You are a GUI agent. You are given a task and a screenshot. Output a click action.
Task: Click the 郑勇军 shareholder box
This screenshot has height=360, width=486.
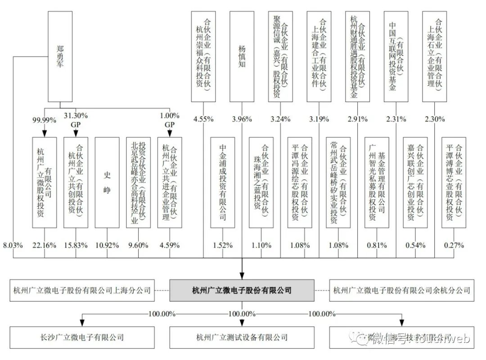click(60, 56)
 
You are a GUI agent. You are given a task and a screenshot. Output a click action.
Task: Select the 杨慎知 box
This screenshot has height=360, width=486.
click(242, 56)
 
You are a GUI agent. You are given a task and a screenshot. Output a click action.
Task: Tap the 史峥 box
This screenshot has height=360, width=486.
click(107, 182)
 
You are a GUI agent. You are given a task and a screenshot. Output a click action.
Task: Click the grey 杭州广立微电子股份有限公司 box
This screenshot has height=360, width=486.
click(242, 290)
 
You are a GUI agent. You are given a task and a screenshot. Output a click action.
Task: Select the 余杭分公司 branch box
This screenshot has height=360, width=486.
click(402, 290)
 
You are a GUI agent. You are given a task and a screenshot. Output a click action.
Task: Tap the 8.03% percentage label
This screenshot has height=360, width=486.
click(13, 245)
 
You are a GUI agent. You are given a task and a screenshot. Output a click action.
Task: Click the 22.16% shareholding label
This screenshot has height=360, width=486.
click(44, 245)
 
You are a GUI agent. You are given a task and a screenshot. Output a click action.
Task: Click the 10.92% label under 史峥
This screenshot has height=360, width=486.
click(107, 245)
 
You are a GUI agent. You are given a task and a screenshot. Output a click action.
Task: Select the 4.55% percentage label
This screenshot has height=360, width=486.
click(203, 119)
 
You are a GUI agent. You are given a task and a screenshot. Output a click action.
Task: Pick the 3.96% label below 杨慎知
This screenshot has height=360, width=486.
click(242, 119)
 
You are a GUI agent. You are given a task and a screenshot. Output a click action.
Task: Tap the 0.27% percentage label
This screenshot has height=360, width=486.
click(454, 245)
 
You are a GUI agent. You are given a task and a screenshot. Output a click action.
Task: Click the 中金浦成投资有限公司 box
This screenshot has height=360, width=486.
click(223, 182)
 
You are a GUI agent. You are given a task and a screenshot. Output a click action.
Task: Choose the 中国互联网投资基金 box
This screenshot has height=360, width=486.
click(396, 56)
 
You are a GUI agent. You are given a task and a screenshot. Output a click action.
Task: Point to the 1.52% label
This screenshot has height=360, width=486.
click(223, 245)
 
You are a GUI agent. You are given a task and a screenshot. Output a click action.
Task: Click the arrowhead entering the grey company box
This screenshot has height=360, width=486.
click(242, 275)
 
